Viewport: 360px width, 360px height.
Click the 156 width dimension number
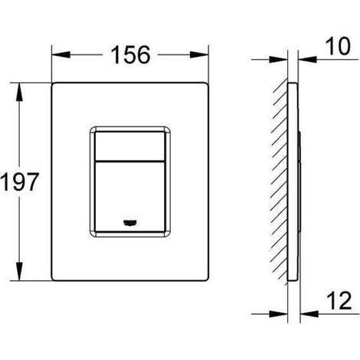[130, 54]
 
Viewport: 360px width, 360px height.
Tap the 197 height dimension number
[19, 182]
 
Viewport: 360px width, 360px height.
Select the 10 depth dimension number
[338, 46]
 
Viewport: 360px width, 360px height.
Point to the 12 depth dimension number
[339, 300]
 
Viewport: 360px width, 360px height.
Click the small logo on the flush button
[130, 223]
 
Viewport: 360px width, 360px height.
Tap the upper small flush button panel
[129, 146]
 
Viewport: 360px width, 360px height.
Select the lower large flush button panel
[129, 197]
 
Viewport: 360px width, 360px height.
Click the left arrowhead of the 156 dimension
[61, 54]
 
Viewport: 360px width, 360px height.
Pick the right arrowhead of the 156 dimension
[199, 54]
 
